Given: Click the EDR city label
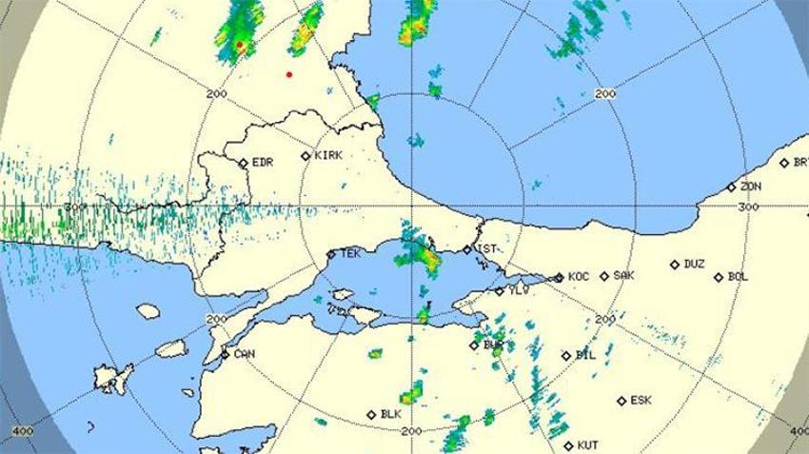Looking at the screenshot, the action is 263,163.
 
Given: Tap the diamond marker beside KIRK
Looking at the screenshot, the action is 306,156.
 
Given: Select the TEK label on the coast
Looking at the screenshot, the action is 350,254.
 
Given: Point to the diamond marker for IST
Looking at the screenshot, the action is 467,249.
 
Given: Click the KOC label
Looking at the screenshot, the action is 579,277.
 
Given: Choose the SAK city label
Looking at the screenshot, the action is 623,275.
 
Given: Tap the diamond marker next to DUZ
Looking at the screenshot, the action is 674,265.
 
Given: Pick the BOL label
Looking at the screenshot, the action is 738,277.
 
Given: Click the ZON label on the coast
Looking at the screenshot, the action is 751,187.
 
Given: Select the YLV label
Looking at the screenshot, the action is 517,290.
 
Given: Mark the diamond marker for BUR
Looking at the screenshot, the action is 474,345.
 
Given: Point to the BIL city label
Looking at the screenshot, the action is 585,355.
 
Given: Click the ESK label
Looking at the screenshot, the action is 641,401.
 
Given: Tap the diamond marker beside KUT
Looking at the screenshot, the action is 567,444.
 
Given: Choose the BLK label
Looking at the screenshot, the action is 390,414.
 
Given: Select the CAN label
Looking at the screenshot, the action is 244,353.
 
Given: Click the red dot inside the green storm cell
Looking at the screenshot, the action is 240,45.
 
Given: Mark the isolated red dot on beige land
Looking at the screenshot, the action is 288,74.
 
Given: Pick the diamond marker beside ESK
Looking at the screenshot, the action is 621,401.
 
